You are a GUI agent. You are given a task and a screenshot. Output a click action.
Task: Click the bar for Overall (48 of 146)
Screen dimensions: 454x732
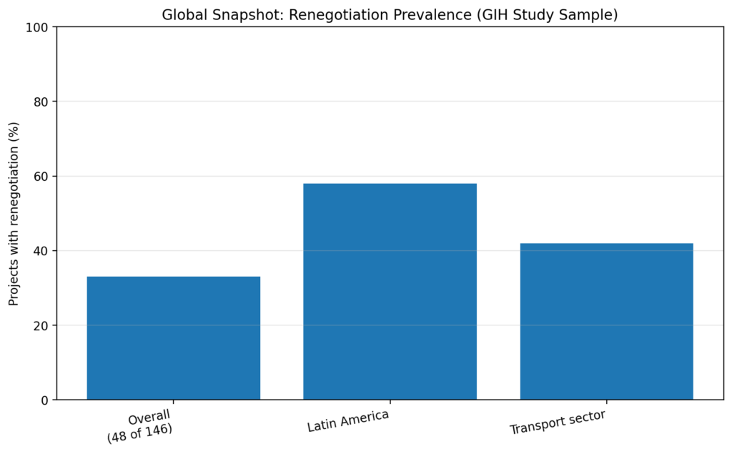(x=174, y=338)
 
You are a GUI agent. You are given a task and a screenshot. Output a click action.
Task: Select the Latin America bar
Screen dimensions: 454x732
(x=390, y=292)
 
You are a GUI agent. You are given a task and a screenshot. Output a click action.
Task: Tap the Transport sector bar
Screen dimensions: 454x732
(x=606, y=322)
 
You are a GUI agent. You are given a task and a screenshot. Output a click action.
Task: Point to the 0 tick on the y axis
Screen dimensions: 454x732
(x=44, y=400)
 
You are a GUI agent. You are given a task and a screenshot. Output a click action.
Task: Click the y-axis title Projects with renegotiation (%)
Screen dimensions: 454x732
(x=14, y=214)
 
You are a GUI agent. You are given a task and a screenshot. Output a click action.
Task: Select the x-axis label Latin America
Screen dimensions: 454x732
(x=348, y=421)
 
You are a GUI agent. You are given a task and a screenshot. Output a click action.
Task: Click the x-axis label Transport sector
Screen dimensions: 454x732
(x=558, y=423)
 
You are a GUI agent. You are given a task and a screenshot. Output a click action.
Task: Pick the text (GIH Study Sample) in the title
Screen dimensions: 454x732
(x=536, y=14)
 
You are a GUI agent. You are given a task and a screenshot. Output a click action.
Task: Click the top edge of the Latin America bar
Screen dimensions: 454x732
(x=390, y=184)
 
